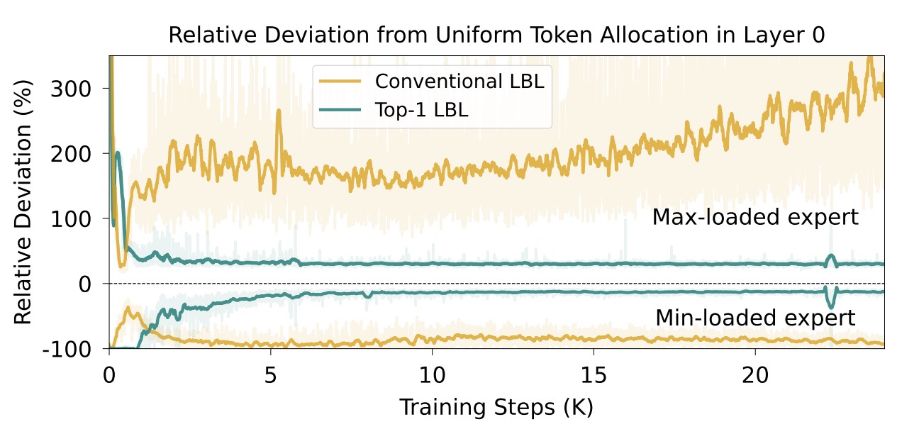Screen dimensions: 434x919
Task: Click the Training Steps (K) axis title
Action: pyautogui.click(x=496, y=408)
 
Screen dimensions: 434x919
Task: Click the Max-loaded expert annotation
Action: pyautogui.click(x=755, y=217)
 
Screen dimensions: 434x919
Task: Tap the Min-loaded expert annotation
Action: pyautogui.click(x=755, y=318)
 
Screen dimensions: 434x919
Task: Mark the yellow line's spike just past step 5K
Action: pyautogui.click(x=279, y=111)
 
